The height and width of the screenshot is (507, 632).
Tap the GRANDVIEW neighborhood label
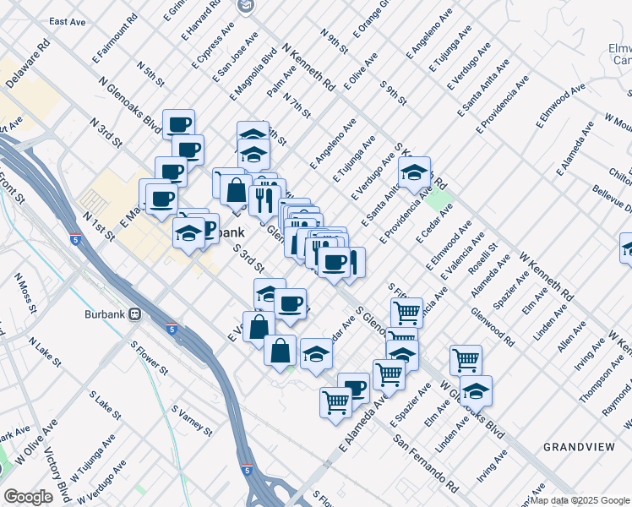click(x=573, y=445)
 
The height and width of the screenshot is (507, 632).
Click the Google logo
click(x=28, y=496)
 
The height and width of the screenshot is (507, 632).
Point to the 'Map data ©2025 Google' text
click(x=580, y=500)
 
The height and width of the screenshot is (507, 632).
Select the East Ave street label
click(x=70, y=21)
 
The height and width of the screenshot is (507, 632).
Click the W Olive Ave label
click(x=30, y=460)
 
